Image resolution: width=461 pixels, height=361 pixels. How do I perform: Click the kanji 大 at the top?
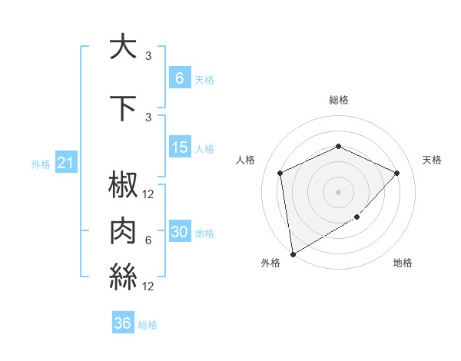pos(124,47)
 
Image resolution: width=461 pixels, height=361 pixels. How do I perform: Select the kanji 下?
pos(124,108)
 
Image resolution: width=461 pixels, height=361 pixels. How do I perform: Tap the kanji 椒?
pos(124,186)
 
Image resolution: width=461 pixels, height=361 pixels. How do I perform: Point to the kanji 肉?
pos(124,230)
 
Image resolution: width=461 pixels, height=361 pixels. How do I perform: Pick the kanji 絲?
pos(124,274)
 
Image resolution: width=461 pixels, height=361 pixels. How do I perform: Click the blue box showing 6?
pos(179,78)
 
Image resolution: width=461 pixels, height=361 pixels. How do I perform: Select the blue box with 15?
pos(179,147)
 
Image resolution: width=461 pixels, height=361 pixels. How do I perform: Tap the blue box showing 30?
pos(179,233)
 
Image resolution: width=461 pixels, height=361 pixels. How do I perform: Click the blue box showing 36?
pos(123,323)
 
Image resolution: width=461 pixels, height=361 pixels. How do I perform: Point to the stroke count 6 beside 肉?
pos(148,240)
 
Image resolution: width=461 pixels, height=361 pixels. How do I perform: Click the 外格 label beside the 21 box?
pos(41,164)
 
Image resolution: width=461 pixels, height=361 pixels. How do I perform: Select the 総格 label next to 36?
pos(148,325)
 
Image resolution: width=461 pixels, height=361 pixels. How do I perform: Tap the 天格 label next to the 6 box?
pos(204,79)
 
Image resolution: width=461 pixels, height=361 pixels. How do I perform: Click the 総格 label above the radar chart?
pos(338,100)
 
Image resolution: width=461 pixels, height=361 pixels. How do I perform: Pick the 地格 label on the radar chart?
pos(403,263)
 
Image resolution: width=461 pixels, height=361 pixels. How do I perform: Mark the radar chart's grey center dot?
pos(338,191)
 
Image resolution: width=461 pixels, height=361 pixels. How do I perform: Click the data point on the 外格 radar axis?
pos(293,253)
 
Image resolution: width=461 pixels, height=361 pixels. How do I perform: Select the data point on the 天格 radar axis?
pos(396,173)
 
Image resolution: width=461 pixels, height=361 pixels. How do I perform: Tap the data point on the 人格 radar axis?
pos(280,173)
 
